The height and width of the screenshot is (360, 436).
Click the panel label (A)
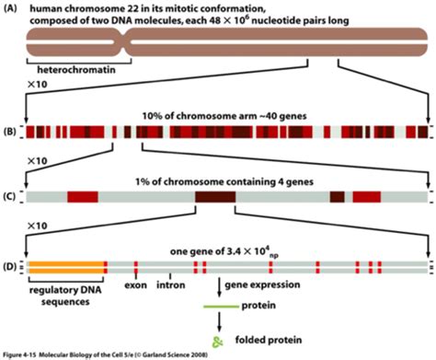9,8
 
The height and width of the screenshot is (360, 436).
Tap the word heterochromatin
76,70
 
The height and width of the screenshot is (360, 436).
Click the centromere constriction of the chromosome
123,42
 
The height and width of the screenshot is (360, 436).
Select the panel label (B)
9,133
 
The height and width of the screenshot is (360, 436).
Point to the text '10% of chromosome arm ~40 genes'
224,116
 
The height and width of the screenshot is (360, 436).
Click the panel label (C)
9,196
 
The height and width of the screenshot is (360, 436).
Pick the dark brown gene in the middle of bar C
215,197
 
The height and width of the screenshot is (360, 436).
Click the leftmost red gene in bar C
83,197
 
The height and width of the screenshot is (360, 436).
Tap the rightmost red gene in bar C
367,197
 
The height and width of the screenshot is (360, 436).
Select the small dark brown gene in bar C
338,197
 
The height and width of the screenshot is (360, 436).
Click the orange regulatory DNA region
66,267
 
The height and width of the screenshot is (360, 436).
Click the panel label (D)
9,266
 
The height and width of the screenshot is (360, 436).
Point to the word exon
135,285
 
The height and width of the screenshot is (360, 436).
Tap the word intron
171,285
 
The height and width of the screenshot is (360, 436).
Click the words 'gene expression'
262,285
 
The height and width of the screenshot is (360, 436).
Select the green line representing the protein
222,307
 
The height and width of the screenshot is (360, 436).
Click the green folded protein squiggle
219,342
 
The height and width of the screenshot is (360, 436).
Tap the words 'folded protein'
269,340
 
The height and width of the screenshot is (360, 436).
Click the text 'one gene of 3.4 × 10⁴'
220,251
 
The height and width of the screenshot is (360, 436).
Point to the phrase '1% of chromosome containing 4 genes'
224,182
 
